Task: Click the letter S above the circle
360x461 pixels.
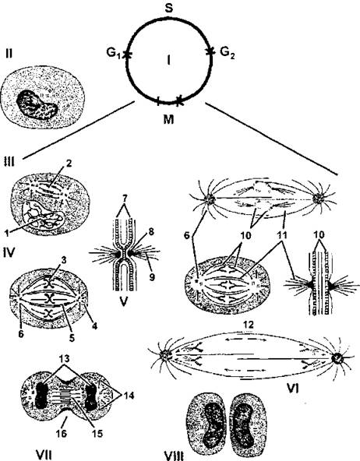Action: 169,8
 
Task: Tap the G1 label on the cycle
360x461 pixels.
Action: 114,54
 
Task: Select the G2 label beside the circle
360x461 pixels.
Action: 228,53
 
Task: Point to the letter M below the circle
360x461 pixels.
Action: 168,119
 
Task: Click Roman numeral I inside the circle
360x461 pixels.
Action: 168,61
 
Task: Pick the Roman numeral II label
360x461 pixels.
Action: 9,54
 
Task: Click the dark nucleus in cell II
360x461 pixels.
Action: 37,105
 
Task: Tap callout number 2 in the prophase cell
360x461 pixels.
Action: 69,164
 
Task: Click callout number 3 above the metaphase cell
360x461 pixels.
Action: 62,259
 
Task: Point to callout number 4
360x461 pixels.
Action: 94,326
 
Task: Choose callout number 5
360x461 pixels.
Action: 72,338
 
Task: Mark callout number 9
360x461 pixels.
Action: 151,276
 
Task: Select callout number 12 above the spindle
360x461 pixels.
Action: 247,324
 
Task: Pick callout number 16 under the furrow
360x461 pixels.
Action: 61,433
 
